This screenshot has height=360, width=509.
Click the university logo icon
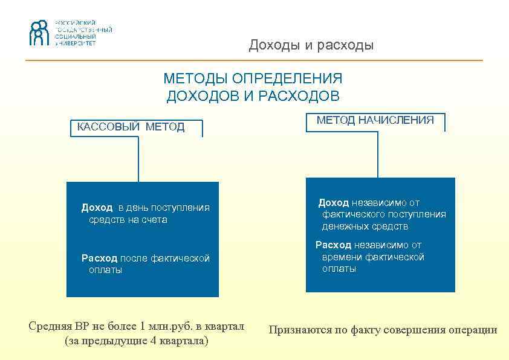[38, 33]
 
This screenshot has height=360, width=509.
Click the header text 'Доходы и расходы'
[311, 45]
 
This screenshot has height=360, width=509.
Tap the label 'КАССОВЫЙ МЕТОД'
[131, 127]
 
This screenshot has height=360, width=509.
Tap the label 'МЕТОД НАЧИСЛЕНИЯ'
[375, 120]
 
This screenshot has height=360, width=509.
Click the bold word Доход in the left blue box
[97, 208]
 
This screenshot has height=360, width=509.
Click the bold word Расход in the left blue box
[99, 259]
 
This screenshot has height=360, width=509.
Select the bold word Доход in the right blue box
[334, 203]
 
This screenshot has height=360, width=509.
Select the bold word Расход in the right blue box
[333, 245]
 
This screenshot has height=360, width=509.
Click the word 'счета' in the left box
[154, 220]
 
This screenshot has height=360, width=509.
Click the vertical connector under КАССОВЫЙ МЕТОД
[138, 158]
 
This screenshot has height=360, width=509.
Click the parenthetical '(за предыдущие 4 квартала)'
[136, 341]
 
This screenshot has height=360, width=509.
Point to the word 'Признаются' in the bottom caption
[297, 330]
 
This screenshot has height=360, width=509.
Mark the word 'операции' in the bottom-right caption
[474, 330]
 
